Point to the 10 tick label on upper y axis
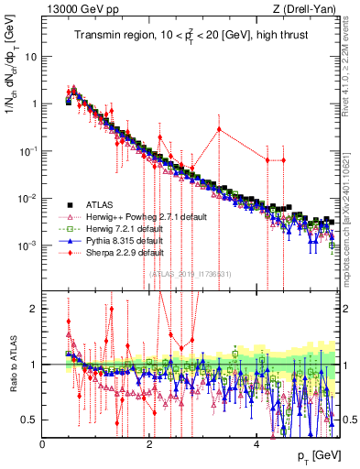point(30,56)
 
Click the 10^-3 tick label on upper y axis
point(27,245)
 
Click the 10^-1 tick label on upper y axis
point(27,150)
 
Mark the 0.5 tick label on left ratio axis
point(30,420)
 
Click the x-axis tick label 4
point(256,444)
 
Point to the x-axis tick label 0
point(43,444)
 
